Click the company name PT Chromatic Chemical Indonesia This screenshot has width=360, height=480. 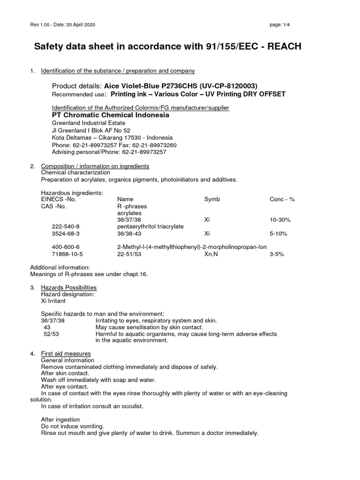click(110, 115)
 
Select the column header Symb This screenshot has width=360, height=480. click(212, 199)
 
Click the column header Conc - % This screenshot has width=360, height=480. click(282, 199)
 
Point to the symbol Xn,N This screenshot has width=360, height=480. click(212, 254)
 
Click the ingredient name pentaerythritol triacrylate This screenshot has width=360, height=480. click(150, 226)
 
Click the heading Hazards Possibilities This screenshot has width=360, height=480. click(69, 287)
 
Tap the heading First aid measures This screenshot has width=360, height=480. click(66, 353)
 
